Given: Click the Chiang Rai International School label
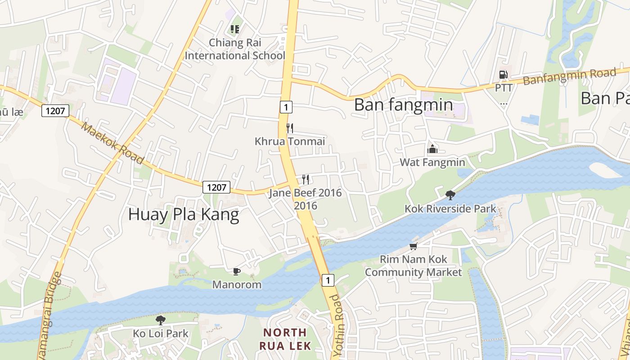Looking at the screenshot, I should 235,49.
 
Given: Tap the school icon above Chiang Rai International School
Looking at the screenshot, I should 234,29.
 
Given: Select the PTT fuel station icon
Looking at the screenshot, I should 503,75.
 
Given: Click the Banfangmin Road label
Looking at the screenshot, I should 569,77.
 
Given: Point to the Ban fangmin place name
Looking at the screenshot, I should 403,104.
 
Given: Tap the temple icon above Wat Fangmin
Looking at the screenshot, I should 432,148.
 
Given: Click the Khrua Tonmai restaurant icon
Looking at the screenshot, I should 290,128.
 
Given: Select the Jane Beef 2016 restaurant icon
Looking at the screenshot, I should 306,180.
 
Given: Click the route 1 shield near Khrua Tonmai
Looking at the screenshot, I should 286,107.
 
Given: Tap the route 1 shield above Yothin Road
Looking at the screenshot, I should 328,280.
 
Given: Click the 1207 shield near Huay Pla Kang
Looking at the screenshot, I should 216,187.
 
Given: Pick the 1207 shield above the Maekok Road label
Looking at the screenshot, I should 55,110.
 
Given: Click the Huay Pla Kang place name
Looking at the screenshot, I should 184,215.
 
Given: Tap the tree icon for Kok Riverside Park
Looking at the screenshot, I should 450,195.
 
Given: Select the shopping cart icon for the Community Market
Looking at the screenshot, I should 413,246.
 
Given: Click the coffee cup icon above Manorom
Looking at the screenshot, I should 237,271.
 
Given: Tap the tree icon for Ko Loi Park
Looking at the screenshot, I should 160,320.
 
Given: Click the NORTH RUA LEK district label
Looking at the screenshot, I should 284,339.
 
